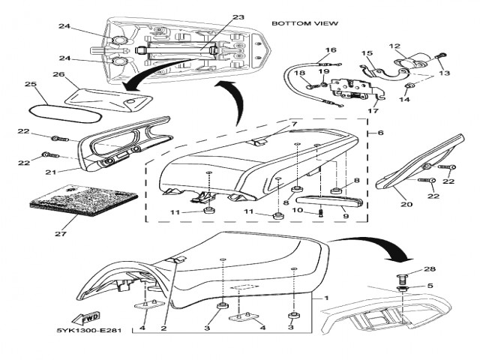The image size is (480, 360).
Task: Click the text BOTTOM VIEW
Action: pos(304,24)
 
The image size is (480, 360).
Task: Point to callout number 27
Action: pos(55,233)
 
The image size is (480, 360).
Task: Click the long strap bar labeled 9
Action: pos(331,202)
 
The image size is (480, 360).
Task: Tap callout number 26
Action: pos(58,74)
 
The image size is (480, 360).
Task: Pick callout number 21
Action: pos(51,171)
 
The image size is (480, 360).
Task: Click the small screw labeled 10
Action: pos(321,212)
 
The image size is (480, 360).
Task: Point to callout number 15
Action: pos(367,53)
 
